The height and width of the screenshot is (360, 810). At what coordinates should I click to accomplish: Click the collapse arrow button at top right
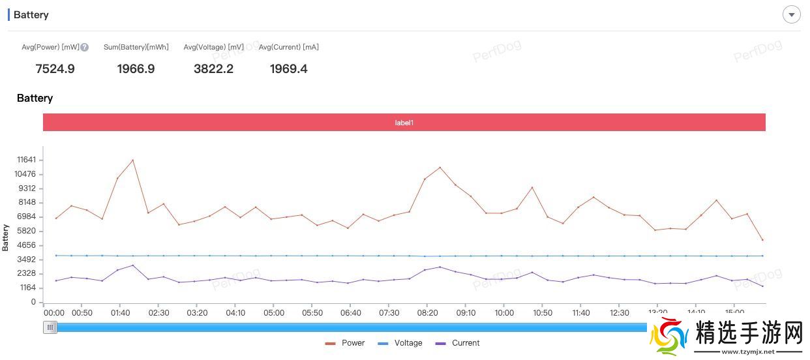pos(791,14)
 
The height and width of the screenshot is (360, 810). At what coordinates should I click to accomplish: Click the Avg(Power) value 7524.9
pos(55,69)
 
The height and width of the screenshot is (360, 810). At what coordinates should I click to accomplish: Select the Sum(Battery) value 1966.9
pos(136,69)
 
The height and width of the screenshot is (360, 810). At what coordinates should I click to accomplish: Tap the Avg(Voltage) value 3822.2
pos(213,69)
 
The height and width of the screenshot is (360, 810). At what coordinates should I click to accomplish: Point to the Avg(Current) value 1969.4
pos(288,69)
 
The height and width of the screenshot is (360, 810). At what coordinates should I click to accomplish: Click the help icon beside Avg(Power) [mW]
pos(84,47)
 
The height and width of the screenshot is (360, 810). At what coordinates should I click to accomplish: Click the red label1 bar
pos(404,123)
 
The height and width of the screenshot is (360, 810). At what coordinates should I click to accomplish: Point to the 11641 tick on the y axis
pos(27,160)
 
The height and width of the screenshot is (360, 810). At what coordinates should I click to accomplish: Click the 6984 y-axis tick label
pos(27,217)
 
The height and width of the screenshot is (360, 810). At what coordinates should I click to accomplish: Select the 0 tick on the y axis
pos(33,302)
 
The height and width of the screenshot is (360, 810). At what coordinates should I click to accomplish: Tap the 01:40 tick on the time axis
pos(120,313)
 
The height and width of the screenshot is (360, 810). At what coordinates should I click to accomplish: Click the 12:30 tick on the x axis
pos(619,313)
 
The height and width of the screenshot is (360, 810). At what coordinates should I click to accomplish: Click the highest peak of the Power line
pos(133,160)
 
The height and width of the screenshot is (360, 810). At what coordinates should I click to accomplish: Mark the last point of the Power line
pos(762,240)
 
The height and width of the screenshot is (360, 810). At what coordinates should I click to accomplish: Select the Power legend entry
pos(345,343)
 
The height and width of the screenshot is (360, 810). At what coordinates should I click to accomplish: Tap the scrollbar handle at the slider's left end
pos(50,327)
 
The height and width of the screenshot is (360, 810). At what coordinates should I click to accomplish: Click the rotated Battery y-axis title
pos(6,237)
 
